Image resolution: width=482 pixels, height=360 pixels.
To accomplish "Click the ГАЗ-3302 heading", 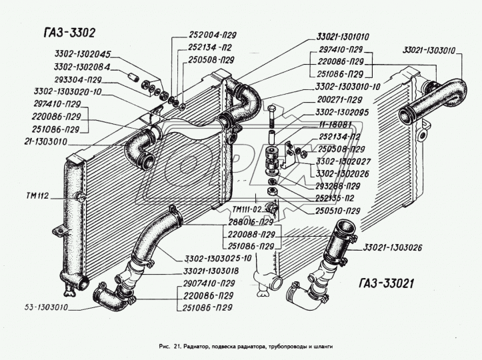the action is click(x=70, y=33).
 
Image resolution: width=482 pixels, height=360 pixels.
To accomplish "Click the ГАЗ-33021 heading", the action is click(x=386, y=283).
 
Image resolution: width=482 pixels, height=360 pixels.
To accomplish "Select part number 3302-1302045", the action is click(x=83, y=54).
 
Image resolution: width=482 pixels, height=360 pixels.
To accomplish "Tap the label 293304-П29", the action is click(x=78, y=79).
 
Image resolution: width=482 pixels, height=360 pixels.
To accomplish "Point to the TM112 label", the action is click(x=37, y=196).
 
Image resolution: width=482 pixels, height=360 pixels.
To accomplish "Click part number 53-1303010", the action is click(x=46, y=307).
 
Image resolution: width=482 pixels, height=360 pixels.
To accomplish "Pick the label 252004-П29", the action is click(x=212, y=35).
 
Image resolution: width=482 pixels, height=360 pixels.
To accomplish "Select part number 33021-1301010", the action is click(x=343, y=37).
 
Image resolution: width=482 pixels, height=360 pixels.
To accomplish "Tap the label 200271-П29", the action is click(x=339, y=100).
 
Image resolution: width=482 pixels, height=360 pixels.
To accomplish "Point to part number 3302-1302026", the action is click(x=342, y=174).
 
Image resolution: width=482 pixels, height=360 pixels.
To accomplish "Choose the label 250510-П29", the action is click(x=337, y=211).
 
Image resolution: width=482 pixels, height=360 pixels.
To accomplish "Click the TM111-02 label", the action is click(x=247, y=209).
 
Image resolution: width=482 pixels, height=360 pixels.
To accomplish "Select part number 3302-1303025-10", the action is click(x=218, y=258).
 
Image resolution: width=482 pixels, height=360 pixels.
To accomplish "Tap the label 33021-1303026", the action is click(x=393, y=247).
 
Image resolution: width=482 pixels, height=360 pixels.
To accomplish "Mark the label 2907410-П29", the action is click(x=209, y=283).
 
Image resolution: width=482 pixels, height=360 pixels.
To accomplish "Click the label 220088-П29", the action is click(x=251, y=235).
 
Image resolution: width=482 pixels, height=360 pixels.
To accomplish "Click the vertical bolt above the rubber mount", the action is click(x=272, y=117).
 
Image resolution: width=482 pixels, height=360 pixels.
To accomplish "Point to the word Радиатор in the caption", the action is click(x=196, y=346).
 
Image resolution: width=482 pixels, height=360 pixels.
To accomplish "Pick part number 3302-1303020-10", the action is click(x=67, y=91).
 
